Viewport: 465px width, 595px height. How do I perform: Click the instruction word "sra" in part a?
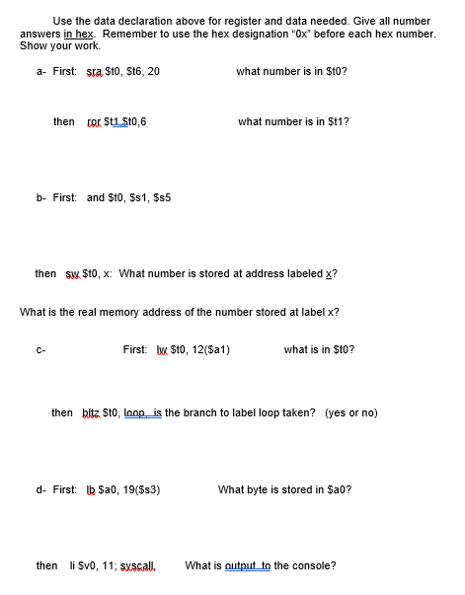coord(95,72)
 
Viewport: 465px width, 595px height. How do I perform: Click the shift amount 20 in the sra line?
coord(152,72)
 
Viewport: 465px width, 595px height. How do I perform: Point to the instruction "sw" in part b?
coord(71,273)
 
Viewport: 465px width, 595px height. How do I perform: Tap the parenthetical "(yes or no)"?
coord(351,412)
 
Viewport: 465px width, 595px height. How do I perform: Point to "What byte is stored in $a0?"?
coord(284,489)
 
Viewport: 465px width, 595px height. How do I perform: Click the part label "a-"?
coord(40,72)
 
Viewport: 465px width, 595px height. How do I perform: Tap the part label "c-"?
coord(40,349)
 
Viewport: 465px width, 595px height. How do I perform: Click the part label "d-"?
coord(40,489)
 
